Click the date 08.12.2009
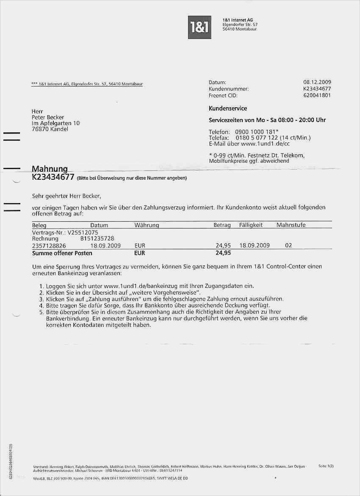coord(317,82)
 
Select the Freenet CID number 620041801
coord(317,95)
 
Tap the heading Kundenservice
coord(228,109)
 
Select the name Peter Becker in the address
coord(48,117)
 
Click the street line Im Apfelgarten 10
coord(55,123)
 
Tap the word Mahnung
coord(50,170)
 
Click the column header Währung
coord(147,226)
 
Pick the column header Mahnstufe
coord(291,225)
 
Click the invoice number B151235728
coord(97,239)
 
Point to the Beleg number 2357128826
coord(49,245)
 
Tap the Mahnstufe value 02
coord(288,245)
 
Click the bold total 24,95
coord(223,253)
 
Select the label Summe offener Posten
coord(62,253)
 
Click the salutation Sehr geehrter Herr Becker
coord(67,196)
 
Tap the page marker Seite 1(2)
coord(326,466)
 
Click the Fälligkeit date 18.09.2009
coord(255,245)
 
